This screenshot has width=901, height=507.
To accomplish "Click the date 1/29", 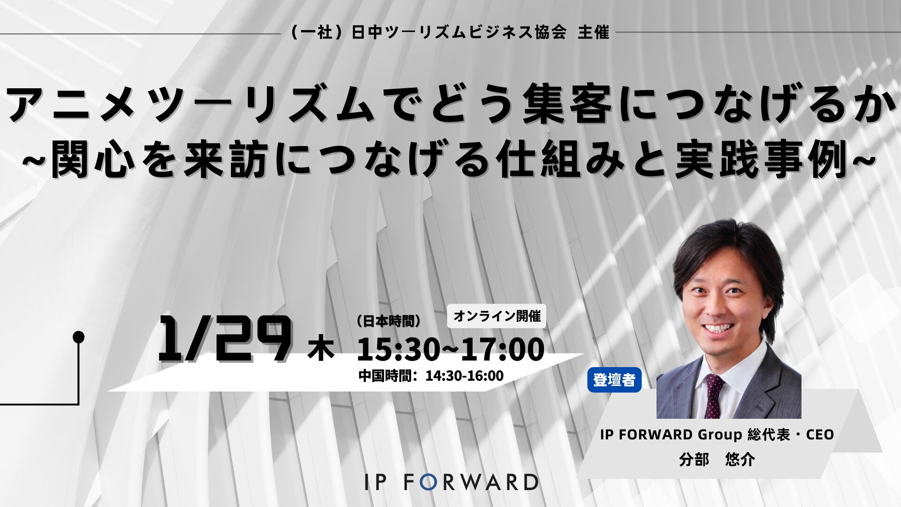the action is point(224,338).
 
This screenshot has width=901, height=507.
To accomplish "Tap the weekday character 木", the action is point(321,350).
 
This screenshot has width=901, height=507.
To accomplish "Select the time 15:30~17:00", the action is point(450,349).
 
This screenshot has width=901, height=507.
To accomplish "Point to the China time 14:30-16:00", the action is point(464,376).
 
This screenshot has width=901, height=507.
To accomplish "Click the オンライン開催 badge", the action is point(497,316).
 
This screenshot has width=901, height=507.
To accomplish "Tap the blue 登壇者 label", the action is point(614,380).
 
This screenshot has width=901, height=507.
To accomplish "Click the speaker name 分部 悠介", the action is point(717,459).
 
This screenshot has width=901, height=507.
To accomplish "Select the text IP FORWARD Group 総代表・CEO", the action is point(717,435).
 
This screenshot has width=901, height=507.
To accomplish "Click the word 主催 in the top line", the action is point(593,32).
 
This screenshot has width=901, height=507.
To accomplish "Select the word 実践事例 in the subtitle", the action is point(763,160).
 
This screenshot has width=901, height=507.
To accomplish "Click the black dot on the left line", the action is point(79,337).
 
